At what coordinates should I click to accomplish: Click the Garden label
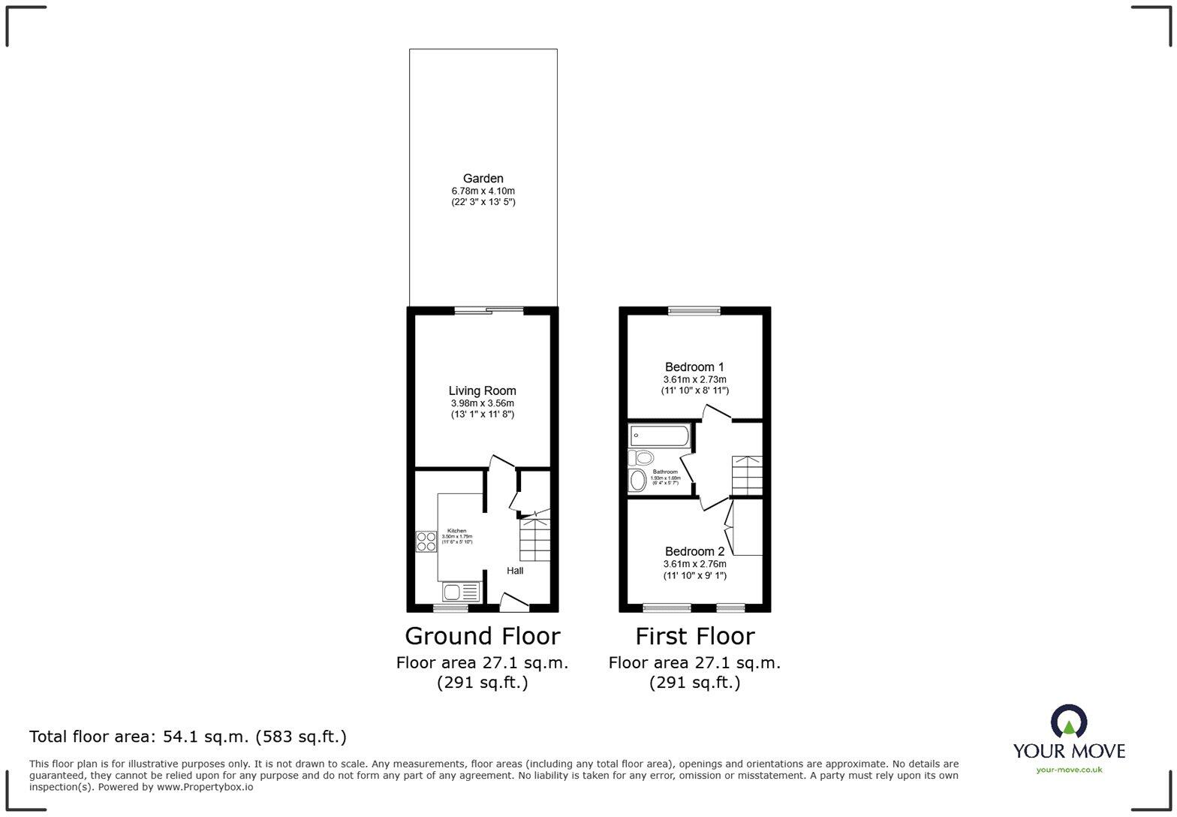483,179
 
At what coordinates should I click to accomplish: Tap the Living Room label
482,390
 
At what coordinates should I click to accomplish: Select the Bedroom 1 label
694,367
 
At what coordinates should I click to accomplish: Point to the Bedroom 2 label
694,551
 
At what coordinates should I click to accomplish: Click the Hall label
515,571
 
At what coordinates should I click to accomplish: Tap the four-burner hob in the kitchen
426,541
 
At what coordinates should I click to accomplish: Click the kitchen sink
460,592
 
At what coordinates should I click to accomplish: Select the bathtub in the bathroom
660,436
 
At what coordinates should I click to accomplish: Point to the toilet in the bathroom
643,458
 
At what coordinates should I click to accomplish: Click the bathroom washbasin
638,481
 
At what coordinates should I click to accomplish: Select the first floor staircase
747,475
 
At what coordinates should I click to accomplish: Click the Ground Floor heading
482,636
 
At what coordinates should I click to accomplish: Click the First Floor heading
694,636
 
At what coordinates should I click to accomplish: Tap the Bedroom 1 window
694,310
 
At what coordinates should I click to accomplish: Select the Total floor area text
188,737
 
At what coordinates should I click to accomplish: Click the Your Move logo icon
1069,722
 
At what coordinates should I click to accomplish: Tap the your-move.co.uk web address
1069,770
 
